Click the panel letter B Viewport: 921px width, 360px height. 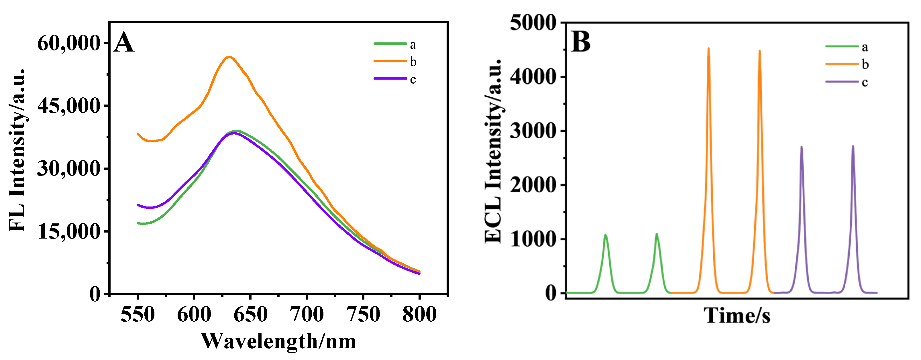[x=581, y=42]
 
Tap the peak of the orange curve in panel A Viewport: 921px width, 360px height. [x=229, y=57]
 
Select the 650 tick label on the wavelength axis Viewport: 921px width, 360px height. [x=250, y=314]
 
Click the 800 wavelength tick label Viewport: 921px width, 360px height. [x=419, y=314]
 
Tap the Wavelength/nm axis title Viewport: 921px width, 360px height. [x=278, y=341]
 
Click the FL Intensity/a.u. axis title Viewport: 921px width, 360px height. [x=17, y=150]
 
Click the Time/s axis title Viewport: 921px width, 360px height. [x=737, y=316]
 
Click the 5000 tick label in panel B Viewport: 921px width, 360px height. [x=533, y=23]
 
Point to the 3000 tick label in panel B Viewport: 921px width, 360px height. [x=533, y=131]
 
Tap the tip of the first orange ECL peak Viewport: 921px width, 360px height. [x=709, y=48]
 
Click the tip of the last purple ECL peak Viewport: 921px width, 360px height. [x=853, y=146]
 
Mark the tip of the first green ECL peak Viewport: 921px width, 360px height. [x=605, y=235]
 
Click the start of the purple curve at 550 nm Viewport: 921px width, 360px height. [x=138, y=205]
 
